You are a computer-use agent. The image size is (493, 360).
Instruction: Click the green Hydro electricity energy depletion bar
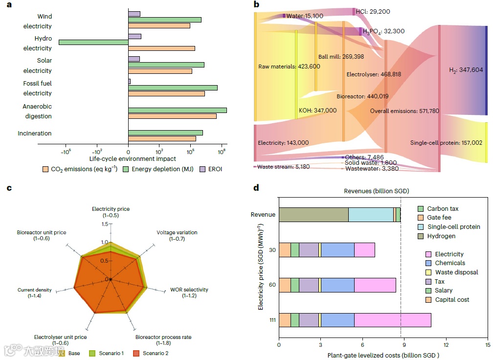(93, 43)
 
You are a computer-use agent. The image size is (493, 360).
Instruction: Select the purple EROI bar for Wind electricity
(134, 14)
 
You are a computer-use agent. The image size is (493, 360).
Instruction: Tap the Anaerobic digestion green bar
(177, 110)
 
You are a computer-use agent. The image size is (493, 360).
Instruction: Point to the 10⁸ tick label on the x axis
(222, 151)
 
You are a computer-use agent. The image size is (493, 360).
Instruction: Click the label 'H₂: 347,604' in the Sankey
(466, 70)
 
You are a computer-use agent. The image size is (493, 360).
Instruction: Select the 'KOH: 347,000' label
(317, 111)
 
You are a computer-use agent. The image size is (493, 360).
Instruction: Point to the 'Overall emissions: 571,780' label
(404, 111)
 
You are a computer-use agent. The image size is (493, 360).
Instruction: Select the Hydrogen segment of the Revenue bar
(314, 214)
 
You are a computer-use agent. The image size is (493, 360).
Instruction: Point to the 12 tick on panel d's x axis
(446, 344)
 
